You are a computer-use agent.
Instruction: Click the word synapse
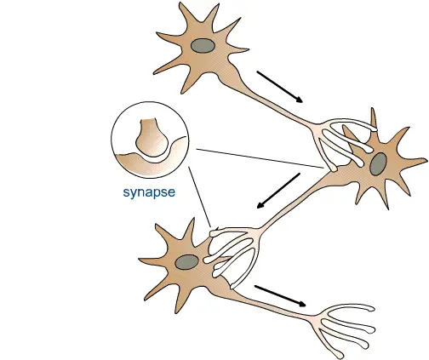(x=149, y=192)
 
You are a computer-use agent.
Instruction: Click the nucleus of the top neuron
(x=203, y=46)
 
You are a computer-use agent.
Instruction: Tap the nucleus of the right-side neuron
(x=378, y=164)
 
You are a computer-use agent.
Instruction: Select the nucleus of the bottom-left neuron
(x=186, y=262)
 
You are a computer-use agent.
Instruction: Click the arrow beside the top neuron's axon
(x=280, y=87)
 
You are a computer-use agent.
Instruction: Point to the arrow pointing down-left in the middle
(x=278, y=191)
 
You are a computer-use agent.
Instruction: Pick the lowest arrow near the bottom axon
(x=280, y=296)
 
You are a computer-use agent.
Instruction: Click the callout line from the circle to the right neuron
(x=260, y=158)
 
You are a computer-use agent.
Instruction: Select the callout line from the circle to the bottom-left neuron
(x=200, y=197)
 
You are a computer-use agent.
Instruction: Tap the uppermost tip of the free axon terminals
(x=373, y=308)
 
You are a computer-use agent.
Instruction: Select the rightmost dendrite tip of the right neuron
(x=426, y=161)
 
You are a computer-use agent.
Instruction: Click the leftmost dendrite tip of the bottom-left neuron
(x=140, y=259)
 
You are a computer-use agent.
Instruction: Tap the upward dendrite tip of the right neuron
(x=372, y=109)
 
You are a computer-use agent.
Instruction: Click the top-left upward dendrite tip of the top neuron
(x=180, y=3)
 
